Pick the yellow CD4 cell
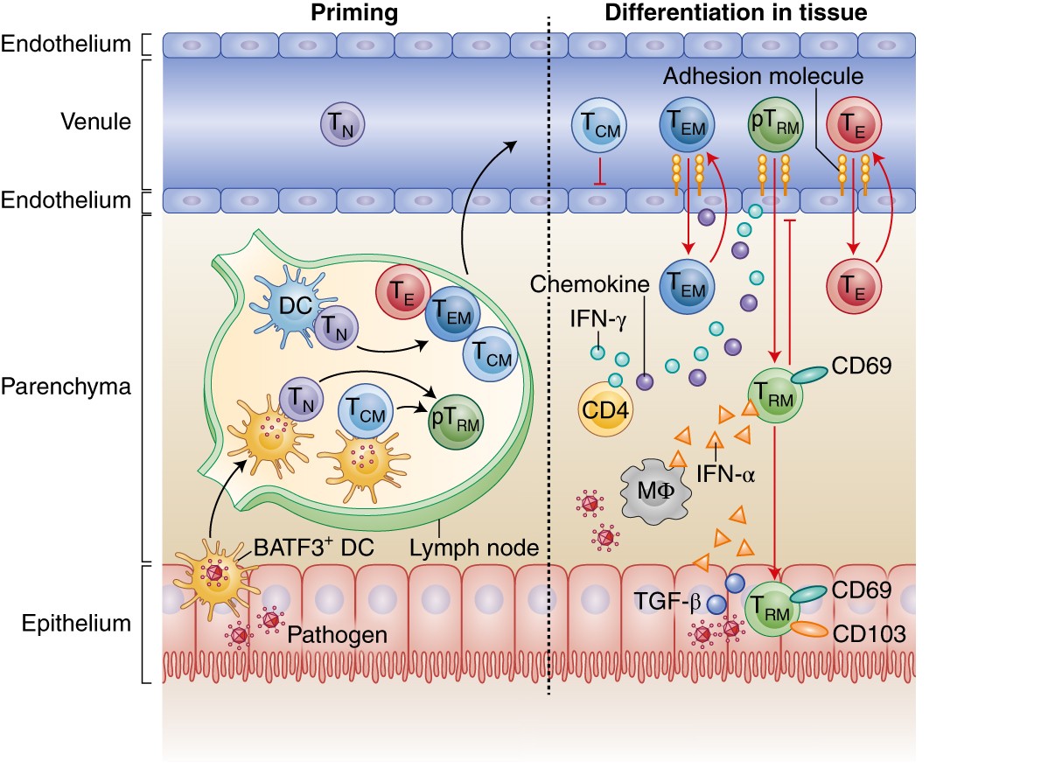click(604, 408)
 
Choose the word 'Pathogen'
click(337, 634)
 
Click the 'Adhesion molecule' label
click(762, 77)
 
